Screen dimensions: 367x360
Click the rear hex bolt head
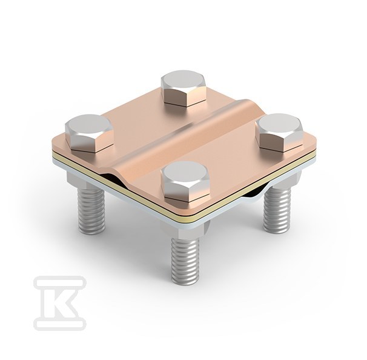(183, 88)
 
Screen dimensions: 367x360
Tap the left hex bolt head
(90, 133)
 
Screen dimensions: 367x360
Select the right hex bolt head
(279, 132)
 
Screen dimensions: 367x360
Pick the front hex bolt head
(185, 182)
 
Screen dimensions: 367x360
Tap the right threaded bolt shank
(277, 208)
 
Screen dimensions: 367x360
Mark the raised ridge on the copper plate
(178, 138)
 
